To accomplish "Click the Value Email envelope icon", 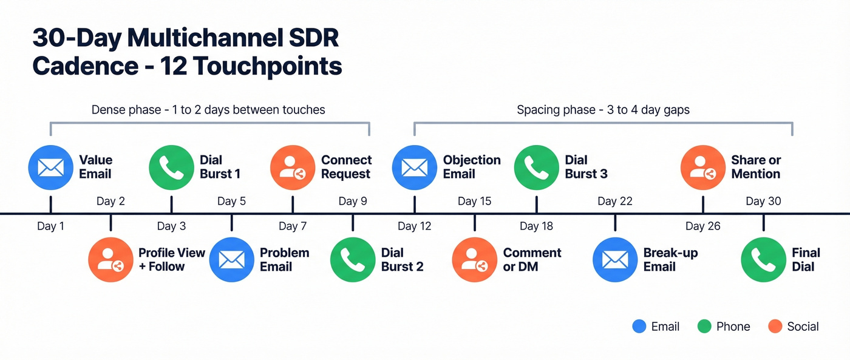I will pyautogui.click(x=50, y=167).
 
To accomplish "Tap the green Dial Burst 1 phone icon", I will pyautogui.click(x=171, y=167).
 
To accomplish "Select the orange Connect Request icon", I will pyautogui.click(x=292, y=167).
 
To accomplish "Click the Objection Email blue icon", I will pyautogui.click(x=414, y=167).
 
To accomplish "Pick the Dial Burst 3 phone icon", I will pyautogui.click(x=536, y=167).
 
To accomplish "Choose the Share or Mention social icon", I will pyautogui.click(x=703, y=167).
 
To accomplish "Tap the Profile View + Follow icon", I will pyautogui.click(x=110, y=260).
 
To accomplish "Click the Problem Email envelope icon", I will pyautogui.click(x=231, y=260).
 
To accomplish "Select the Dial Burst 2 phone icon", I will pyautogui.click(x=353, y=260).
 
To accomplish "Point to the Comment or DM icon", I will pyautogui.click(x=474, y=260).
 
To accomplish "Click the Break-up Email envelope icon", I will pyautogui.click(x=615, y=260).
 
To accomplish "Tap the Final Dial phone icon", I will pyautogui.click(x=763, y=260).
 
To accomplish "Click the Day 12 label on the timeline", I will pyautogui.click(x=415, y=226).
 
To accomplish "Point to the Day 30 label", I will pyautogui.click(x=763, y=201).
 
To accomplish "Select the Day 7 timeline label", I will pyautogui.click(x=293, y=226).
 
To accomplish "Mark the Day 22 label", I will pyautogui.click(x=615, y=201).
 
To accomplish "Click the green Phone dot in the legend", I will pyautogui.click(x=704, y=327).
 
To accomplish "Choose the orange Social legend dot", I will pyautogui.click(x=775, y=327).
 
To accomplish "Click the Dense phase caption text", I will pyautogui.click(x=208, y=110).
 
